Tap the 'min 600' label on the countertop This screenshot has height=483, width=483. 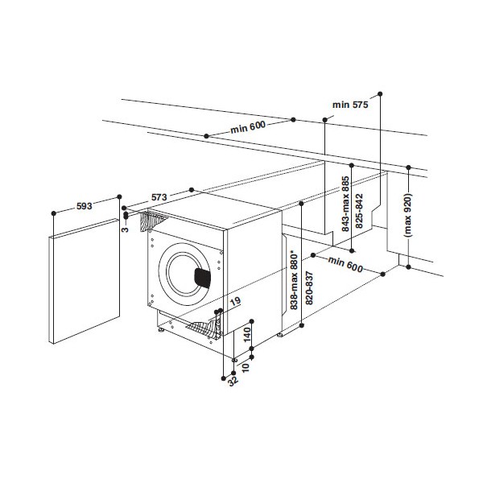click(247, 126)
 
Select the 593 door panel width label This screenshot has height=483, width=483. click(82, 206)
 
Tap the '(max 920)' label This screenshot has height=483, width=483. click(408, 213)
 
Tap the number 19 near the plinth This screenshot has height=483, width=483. click(234, 302)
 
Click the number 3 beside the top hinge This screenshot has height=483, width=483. click(126, 229)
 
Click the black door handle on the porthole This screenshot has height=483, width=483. click(202, 279)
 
